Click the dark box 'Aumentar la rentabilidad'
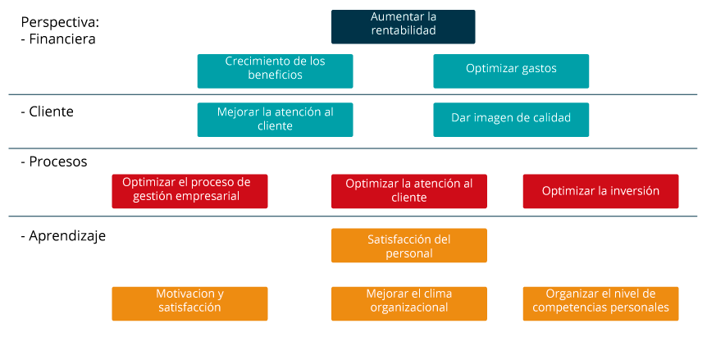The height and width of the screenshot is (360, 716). coord(404,27)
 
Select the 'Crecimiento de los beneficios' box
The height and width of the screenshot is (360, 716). coord(275,71)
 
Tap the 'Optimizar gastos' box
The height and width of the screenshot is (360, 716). coord(511,71)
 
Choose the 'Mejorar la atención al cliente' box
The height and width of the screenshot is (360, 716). coord(275,120)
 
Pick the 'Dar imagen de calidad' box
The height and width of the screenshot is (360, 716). coord(511,120)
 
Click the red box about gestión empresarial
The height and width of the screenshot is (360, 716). coord(189,191)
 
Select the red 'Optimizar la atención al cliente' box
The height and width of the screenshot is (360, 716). coord(409,191)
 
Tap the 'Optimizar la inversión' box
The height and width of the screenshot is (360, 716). coord(600,191)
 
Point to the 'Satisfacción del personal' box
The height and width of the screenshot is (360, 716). coord(409,245)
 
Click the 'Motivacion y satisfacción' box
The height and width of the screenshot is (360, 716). coord(189,303)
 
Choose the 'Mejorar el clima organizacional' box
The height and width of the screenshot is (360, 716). coord(409,303)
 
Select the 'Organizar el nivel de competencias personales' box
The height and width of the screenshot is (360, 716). coord(600,303)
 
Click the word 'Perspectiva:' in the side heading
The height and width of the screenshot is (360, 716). coord(60,23)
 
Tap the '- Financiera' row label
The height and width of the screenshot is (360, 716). coord(58,39)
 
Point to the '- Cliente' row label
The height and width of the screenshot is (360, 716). coord(47,112)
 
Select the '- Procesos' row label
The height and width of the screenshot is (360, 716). coord(54,162)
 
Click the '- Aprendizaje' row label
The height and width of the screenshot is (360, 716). coord(63,236)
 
